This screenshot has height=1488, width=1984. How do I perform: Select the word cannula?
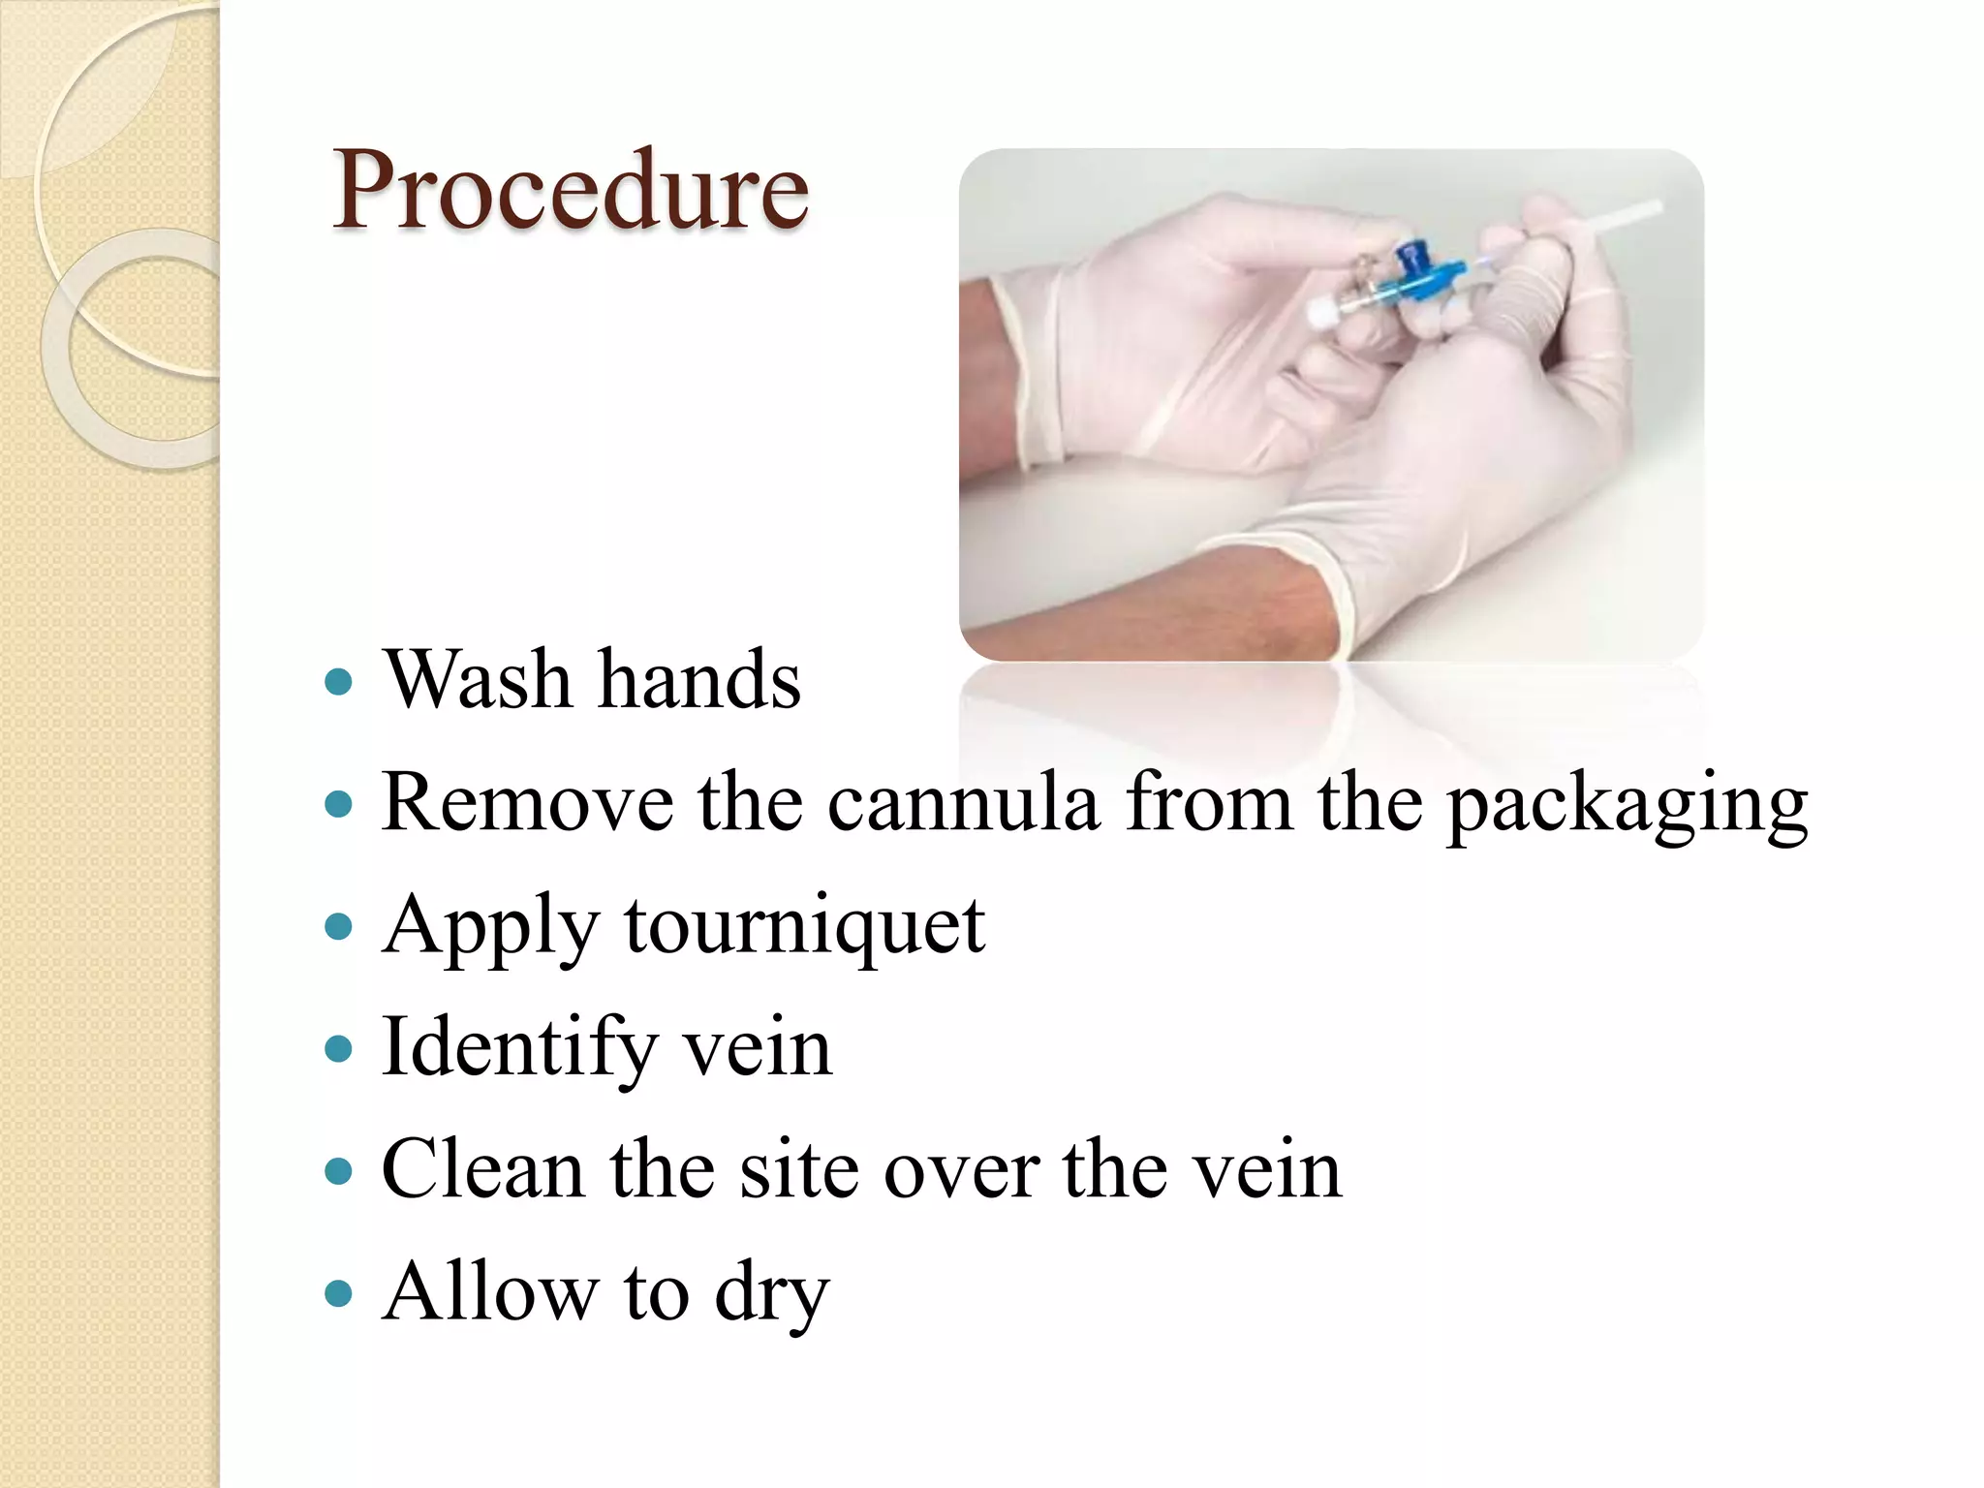tap(963, 802)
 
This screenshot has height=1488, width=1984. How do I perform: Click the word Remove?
tap(527, 802)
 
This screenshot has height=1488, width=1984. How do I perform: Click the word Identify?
tap(519, 1048)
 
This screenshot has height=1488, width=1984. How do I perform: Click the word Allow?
tap(490, 1291)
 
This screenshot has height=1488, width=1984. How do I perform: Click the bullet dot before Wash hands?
tap(338, 682)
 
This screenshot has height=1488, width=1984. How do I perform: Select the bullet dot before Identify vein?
tap(338, 1048)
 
